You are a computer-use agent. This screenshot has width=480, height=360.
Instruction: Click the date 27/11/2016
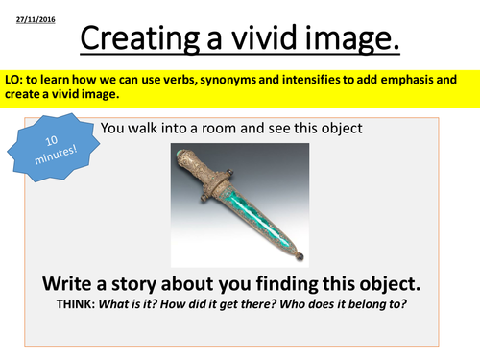tap(36, 20)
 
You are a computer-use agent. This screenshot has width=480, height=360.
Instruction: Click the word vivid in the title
tap(264, 37)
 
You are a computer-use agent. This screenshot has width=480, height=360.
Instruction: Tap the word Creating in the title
tap(139, 38)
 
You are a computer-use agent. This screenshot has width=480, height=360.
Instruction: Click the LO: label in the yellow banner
tap(13, 80)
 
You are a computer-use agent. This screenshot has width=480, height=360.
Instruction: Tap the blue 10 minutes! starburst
tap(54, 148)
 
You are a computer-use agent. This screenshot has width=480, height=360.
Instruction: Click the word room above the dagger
tap(219, 129)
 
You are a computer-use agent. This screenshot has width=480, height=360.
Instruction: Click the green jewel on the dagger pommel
tap(180, 155)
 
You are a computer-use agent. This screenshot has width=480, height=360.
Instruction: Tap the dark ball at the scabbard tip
tap(300, 256)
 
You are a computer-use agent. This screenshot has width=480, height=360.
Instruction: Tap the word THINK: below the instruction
tap(76, 304)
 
